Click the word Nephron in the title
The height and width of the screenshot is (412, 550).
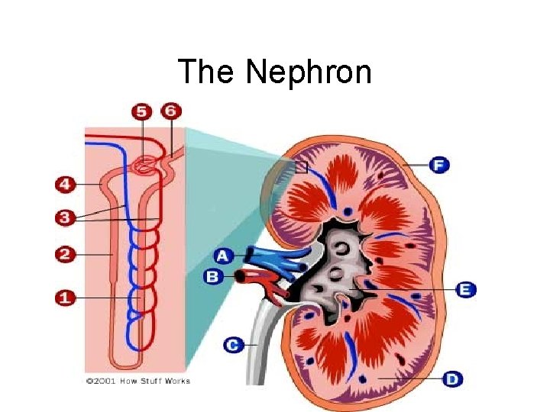pos(309,73)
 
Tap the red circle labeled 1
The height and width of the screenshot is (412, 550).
pos(66,298)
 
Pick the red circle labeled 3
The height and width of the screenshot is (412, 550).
pos(66,218)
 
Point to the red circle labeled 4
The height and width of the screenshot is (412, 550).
pos(66,185)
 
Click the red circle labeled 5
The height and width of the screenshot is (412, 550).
pos(141,112)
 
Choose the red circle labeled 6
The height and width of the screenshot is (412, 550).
pos(172,111)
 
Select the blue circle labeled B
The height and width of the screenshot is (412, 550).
pos(215,276)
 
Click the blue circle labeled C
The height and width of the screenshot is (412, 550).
pos(235,345)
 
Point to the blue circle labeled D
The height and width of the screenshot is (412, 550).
pos(453,378)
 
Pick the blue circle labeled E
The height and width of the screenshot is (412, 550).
pos(465,289)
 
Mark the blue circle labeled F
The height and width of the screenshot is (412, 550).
pos(438,165)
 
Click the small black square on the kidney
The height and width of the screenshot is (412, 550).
pos(301,167)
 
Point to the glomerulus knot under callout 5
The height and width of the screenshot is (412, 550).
pos(143,165)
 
